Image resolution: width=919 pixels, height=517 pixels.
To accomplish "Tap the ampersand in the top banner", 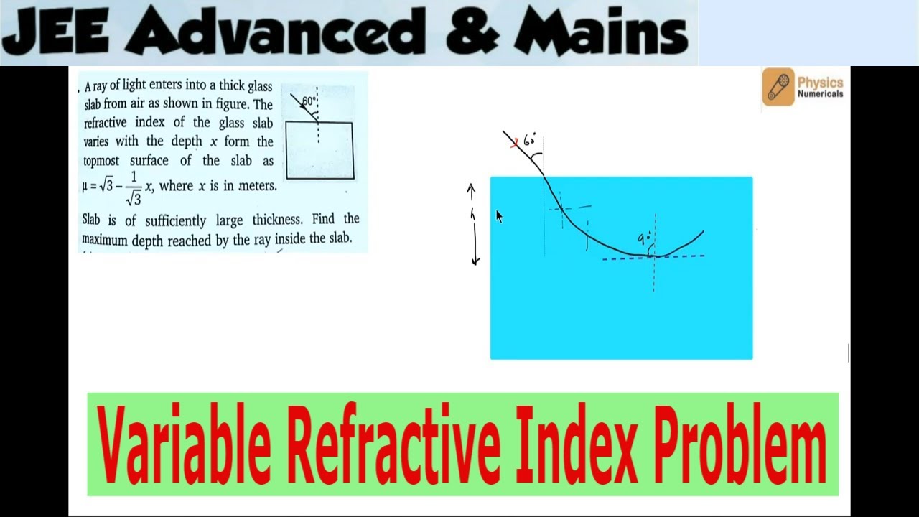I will tap(470, 32).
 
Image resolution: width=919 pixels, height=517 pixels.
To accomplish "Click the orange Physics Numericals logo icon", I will tap(778, 87).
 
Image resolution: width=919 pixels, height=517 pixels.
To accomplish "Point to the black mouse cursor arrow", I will tap(499, 216).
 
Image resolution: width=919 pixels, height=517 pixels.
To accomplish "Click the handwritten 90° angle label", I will tap(644, 239).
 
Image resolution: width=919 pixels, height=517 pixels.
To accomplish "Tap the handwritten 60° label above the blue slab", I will tap(531, 140).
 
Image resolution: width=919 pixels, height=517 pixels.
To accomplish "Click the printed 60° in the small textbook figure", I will tap(309, 101).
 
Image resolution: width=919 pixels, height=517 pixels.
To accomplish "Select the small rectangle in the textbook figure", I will tap(319, 150).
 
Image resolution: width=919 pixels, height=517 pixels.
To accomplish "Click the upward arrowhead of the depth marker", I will tap(472, 188).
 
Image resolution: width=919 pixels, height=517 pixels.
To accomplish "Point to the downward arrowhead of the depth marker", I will tap(475, 261).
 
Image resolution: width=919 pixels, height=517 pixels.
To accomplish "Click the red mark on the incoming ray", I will tap(514, 144).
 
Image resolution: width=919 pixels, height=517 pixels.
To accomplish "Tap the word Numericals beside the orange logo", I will tap(820, 94).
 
